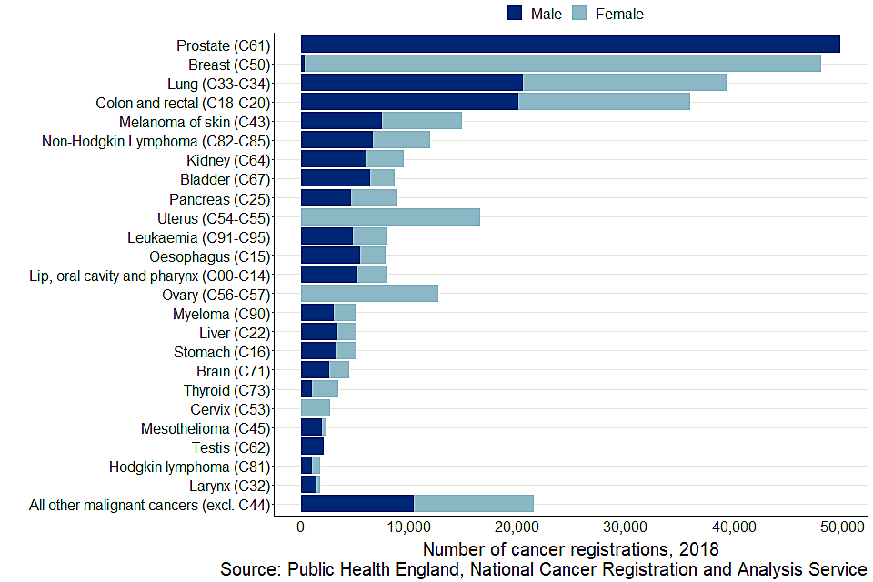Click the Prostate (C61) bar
[x=570, y=45]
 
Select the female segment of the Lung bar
[x=625, y=83]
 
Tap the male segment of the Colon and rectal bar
[x=409, y=102]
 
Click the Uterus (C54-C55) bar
[x=390, y=217]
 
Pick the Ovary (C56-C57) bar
[x=369, y=293]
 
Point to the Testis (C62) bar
[x=312, y=446]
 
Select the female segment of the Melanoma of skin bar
[x=422, y=121]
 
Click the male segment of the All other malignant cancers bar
[x=357, y=503]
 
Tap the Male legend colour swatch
[x=515, y=13]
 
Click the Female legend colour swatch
[x=578, y=13]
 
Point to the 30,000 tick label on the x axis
[x=625, y=527]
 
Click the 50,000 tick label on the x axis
[x=841, y=527]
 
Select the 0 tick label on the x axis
[x=301, y=527]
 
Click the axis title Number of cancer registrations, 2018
[x=571, y=549]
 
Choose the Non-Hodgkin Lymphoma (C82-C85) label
[x=157, y=140]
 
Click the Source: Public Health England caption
[x=543, y=569]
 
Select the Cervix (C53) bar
[x=316, y=407]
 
